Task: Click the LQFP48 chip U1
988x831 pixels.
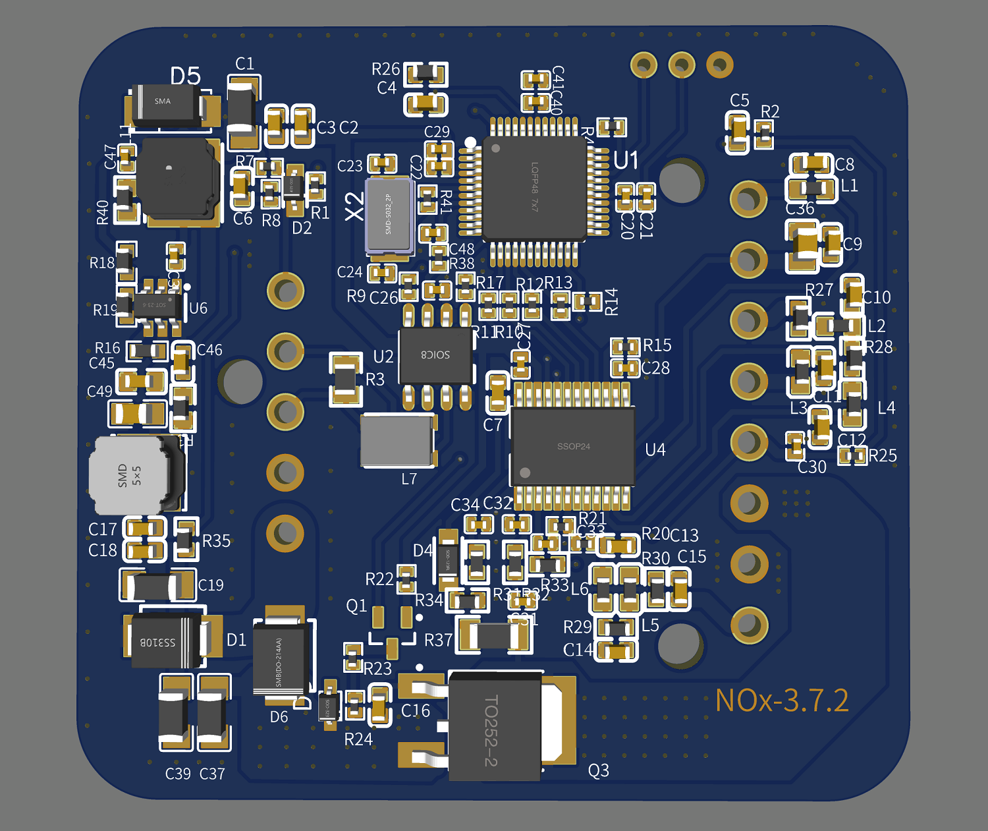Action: (x=534, y=188)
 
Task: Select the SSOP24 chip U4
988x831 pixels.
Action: (x=573, y=446)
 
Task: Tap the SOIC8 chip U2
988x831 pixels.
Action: (x=435, y=355)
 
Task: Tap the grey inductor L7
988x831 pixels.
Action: (x=397, y=440)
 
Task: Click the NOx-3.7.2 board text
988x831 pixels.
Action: (x=782, y=701)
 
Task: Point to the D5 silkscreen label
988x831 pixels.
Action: (x=185, y=76)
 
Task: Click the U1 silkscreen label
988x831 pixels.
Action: (x=626, y=160)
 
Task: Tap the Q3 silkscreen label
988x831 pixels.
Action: (x=598, y=770)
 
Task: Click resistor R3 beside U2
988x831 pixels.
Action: (x=346, y=380)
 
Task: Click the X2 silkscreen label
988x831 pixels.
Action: (x=354, y=206)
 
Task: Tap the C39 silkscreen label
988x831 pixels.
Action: (x=178, y=774)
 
